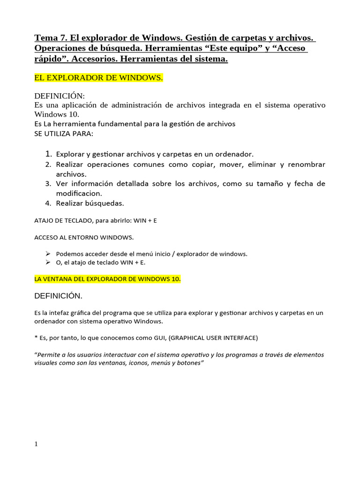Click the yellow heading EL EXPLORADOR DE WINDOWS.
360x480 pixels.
[x=99, y=78]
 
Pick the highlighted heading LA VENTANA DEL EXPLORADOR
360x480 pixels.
[x=107, y=279]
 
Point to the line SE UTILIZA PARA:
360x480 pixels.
[x=64, y=134]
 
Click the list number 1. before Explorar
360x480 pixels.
[x=48, y=154]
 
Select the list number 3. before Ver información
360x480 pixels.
[x=48, y=183]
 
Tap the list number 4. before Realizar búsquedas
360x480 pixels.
[x=48, y=203]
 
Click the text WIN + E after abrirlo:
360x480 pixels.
[x=145, y=220]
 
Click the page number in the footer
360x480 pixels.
[x=36, y=444]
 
